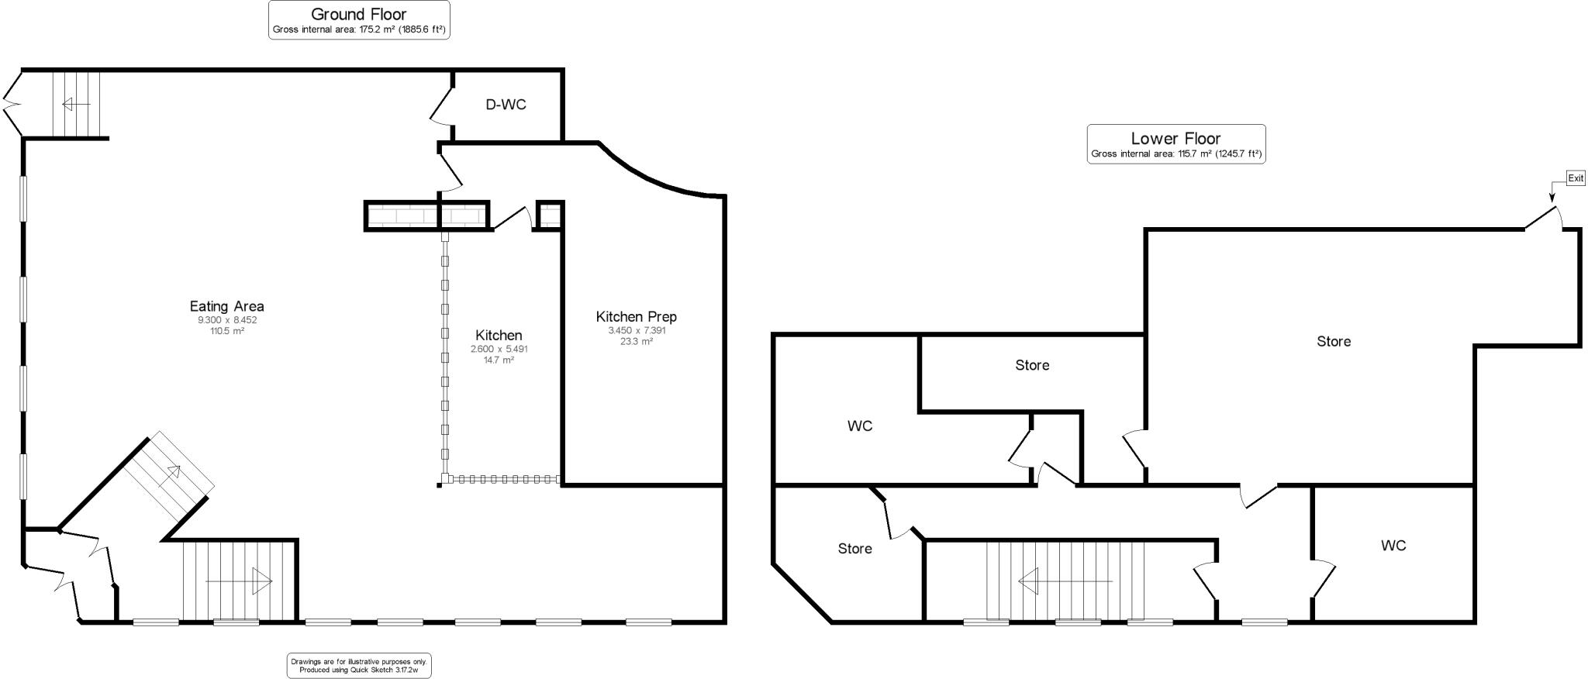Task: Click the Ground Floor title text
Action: pyautogui.click(x=358, y=14)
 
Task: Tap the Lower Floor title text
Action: pyautogui.click(x=1175, y=139)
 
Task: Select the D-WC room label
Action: pyautogui.click(x=506, y=105)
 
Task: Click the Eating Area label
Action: pyautogui.click(x=226, y=306)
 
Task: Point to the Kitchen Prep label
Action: pyautogui.click(x=636, y=316)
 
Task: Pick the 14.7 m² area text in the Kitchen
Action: pyautogui.click(x=499, y=360)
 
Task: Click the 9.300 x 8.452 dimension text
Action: pyautogui.click(x=226, y=320)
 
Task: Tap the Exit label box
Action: pyautogui.click(x=1576, y=178)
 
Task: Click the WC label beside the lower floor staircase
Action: pyautogui.click(x=1393, y=546)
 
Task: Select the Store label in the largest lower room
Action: pyautogui.click(x=1333, y=341)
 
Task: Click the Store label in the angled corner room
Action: pyautogui.click(x=854, y=549)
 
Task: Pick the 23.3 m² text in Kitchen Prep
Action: pyautogui.click(x=636, y=341)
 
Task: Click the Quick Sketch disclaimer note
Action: pyautogui.click(x=358, y=665)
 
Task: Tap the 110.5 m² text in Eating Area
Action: pyautogui.click(x=226, y=331)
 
